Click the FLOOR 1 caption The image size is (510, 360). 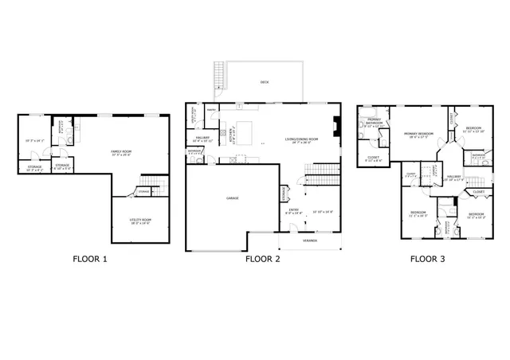(x=89, y=259)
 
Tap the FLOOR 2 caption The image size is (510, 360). (x=262, y=259)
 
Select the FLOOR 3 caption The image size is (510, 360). (x=428, y=259)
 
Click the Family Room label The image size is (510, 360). (x=121, y=151)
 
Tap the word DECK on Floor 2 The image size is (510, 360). (x=264, y=81)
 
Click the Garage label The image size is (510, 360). (x=232, y=198)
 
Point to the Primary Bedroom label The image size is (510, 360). (x=418, y=133)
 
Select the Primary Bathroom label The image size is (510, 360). (x=373, y=123)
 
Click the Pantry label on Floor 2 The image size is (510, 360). (x=212, y=109)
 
